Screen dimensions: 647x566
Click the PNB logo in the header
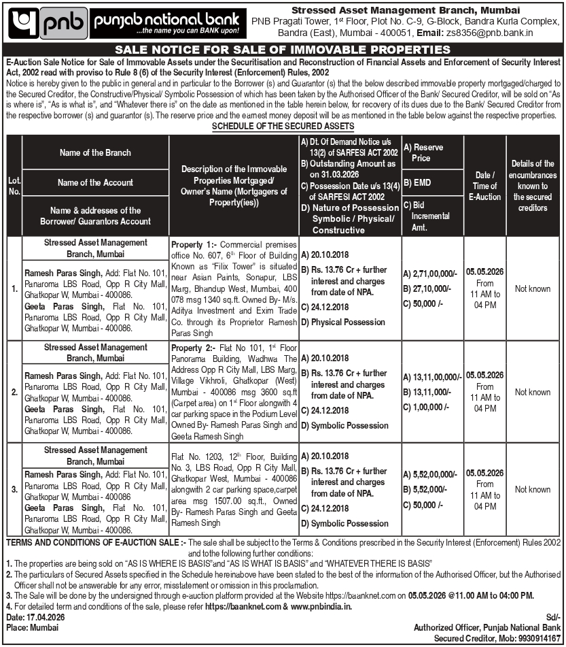(x=48, y=23)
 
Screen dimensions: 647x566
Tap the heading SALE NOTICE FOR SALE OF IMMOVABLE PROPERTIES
(x=283, y=50)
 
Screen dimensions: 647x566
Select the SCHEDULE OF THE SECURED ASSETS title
(x=283, y=127)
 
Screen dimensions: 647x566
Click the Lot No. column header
(x=14, y=185)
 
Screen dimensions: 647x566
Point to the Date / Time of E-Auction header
(x=484, y=186)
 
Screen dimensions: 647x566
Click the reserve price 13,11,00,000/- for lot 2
(x=436, y=376)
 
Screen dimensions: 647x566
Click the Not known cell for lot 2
(x=533, y=392)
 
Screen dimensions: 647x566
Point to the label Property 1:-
(x=195, y=243)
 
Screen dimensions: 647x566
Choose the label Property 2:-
(x=195, y=347)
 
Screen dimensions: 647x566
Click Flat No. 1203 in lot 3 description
(x=196, y=455)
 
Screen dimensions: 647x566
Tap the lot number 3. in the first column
(x=14, y=489)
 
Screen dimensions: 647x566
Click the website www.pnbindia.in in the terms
(x=321, y=606)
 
